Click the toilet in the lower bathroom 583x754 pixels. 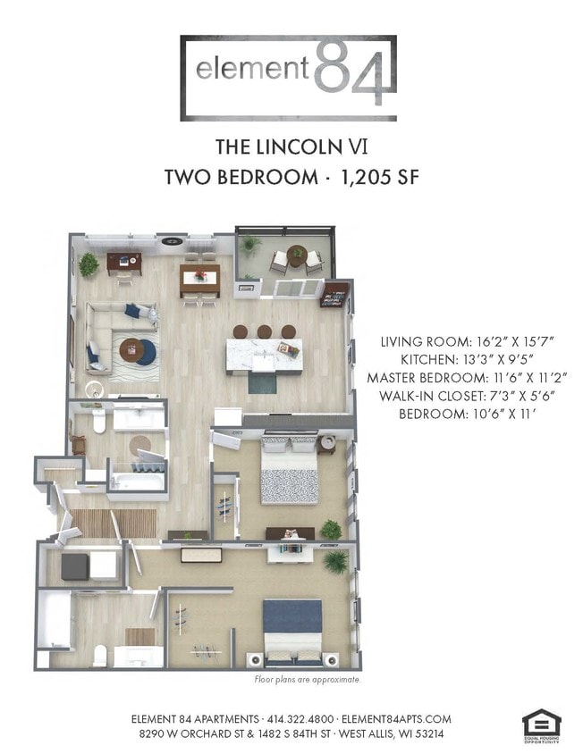coord(99,654)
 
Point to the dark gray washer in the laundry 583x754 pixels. coord(74,565)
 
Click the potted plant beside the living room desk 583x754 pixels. coord(89,264)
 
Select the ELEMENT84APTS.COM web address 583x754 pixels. coord(397,718)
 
